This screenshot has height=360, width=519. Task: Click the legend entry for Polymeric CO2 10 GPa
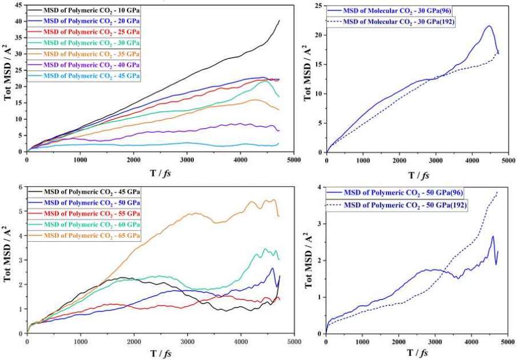click(x=86, y=10)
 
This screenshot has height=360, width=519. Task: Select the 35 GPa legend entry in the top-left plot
click(x=86, y=54)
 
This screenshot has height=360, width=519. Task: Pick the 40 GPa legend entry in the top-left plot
click(x=86, y=65)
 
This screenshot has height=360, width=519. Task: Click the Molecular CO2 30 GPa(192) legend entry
click(x=404, y=21)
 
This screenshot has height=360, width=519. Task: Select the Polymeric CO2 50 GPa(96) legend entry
click(x=404, y=192)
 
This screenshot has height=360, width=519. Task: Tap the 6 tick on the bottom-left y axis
click(x=21, y=187)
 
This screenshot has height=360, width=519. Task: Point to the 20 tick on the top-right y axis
click(x=318, y=35)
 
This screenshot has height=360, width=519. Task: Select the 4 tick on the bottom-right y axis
click(x=321, y=187)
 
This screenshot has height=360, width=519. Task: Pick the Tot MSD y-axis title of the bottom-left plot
click(x=8, y=260)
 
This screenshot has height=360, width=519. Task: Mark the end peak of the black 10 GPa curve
click(x=279, y=21)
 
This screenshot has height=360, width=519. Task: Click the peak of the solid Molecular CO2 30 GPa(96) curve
click(x=489, y=26)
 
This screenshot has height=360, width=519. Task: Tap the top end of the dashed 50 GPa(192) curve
click(x=497, y=193)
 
